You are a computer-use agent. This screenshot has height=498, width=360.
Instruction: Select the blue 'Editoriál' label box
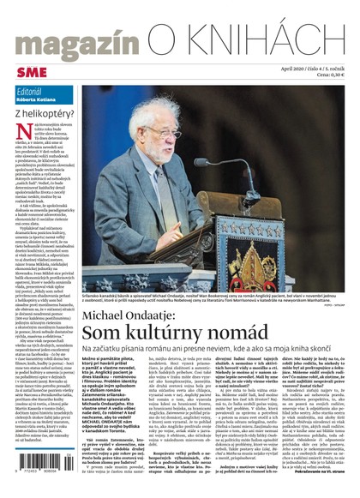point(43,93)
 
